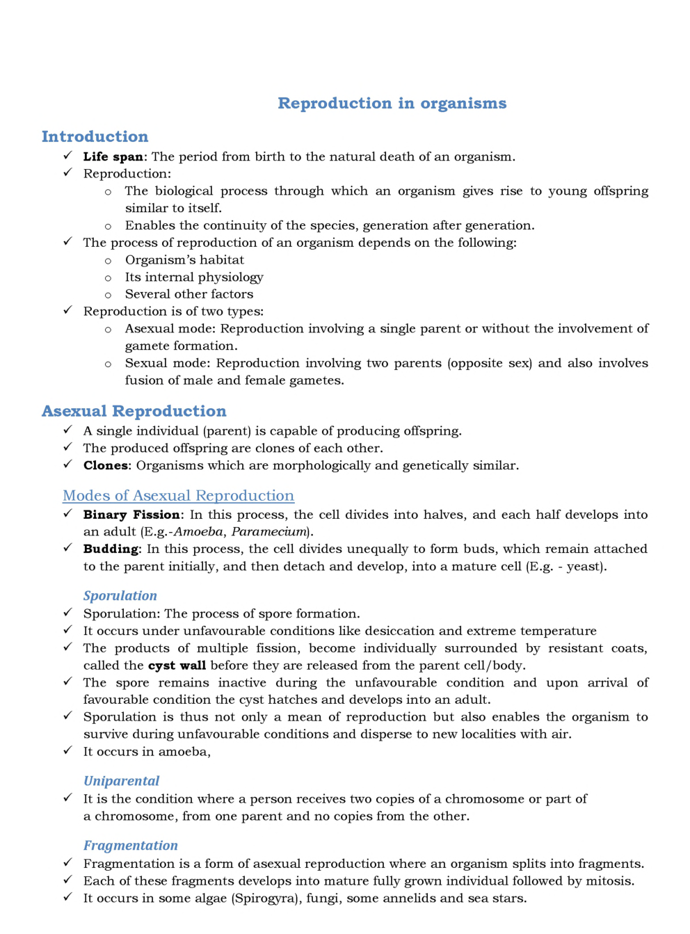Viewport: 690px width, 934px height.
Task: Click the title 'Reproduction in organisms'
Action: pyautogui.click(x=392, y=104)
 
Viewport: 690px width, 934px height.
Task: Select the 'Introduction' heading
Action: pyautogui.click(x=95, y=137)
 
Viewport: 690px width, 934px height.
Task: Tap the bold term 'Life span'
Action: pyautogui.click(x=113, y=157)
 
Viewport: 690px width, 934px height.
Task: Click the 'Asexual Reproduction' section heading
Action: pyautogui.click(x=134, y=412)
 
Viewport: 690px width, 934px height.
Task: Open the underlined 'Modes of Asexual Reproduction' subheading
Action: pyautogui.click(x=178, y=496)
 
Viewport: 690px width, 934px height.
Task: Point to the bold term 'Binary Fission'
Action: pyautogui.click(x=131, y=515)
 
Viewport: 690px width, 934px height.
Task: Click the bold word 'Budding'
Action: pyautogui.click(x=111, y=549)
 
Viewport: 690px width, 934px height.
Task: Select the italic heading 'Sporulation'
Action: pyautogui.click(x=120, y=596)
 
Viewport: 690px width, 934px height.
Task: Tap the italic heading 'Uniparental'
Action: pyautogui.click(x=121, y=781)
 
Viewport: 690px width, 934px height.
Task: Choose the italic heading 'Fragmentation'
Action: pyautogui.click(x=131, y=846)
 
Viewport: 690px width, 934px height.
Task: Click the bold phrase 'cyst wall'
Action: pyautogui.click(x=177, y=666)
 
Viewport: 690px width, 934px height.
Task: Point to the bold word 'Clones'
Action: pyautogui.click(x=106, y=466)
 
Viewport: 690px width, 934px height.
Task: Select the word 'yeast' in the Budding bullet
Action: pyautogui.click(x=584, y=567)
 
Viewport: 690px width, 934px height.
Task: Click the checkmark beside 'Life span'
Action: pyautogui.click(x=67, y=156)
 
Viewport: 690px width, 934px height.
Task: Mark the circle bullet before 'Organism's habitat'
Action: pyautogui.click(x=108, y=261)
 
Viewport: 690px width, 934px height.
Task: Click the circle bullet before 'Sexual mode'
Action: pyautogui.click(x=108, y=364)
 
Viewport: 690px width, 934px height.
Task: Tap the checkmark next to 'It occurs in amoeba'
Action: pyautogui.click(x=67, y=750)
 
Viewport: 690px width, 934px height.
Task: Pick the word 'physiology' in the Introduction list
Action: pyautogui.click(x=229, y=277)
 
